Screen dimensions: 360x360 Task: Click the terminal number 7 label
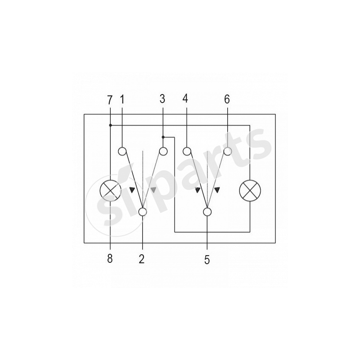point(110,100)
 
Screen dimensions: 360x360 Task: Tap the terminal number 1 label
point(122,99)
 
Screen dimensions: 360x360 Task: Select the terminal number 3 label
point(162,99)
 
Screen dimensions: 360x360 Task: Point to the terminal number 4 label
point(185,99)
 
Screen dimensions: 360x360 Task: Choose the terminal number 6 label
point(227,99)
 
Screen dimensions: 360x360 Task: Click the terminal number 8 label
point(110,259)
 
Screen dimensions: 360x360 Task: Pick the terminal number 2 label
point(142,259)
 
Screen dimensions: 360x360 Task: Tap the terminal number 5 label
point(207,260)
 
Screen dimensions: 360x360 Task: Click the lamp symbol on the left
point(110,190)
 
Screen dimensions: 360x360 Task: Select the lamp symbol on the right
point(250,190)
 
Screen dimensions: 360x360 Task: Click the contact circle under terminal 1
point(122,152)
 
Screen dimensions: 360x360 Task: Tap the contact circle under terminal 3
point(163,152)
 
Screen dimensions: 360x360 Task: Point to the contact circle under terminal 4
point(187,152)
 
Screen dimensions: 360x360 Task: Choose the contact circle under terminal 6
point(228,152)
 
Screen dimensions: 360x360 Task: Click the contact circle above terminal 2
point(143,211)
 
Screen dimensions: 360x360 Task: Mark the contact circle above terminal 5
point(207,211)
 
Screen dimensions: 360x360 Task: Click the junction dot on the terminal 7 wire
point(110,125)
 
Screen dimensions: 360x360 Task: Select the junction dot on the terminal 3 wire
point(163,137)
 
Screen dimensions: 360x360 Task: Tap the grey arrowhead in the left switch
point(153,189)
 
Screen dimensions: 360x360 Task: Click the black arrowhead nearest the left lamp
point(132,189)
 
